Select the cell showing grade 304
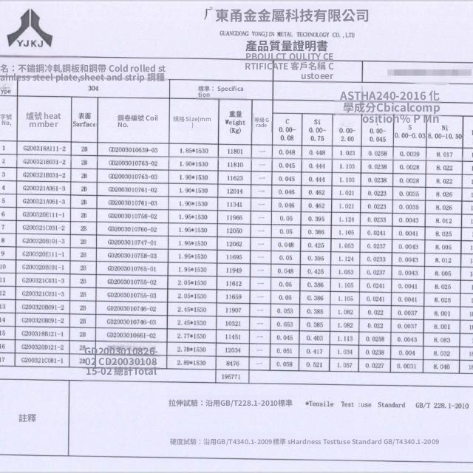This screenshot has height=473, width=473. [x=93, y=88]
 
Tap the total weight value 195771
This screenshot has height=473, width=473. [x=231, y=376]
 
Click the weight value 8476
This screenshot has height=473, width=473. [x=234, y=363]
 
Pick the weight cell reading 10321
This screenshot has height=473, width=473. [x=234, y=323]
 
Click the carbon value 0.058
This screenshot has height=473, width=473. [x=286, y=363]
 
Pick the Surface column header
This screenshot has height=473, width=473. [x=84, y=120]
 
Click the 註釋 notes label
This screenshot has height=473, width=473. [x=28, y=418]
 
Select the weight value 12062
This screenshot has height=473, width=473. [x=234, y=242]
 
